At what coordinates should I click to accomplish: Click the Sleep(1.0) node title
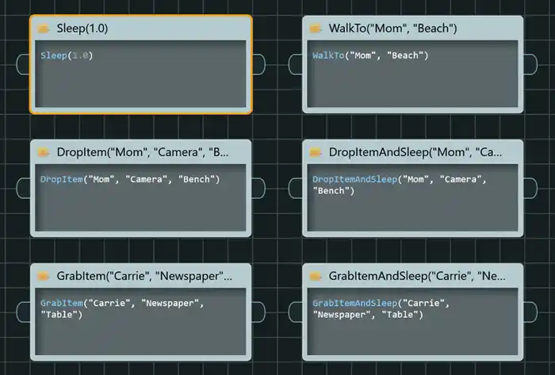(x=82, y=29)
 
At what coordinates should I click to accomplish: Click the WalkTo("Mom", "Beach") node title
(x=392, y=29)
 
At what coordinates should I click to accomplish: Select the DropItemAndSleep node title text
(x=415, y=152)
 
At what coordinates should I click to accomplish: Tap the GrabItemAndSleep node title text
(x=417, y=276)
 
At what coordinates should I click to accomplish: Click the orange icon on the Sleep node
(x=43, y=29)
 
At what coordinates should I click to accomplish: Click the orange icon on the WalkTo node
(x=315, y=29)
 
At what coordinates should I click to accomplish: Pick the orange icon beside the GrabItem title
(x=43, y=277)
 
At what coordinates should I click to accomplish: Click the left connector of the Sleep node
(x=23, y=64)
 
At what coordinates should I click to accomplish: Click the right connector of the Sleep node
(x=258, y=64)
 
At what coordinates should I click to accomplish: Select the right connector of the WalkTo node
(x=530, y=64)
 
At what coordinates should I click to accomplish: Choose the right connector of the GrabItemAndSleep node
(x=530, y=312)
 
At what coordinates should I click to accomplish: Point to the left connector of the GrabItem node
(x=23, y=312)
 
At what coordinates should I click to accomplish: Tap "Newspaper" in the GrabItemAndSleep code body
(x=340, y=315)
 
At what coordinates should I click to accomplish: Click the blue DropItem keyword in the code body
(x=62, y=179)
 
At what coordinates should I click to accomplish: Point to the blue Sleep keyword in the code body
(x=54, y=55)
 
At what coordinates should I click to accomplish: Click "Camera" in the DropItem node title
(x=178, y=152)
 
